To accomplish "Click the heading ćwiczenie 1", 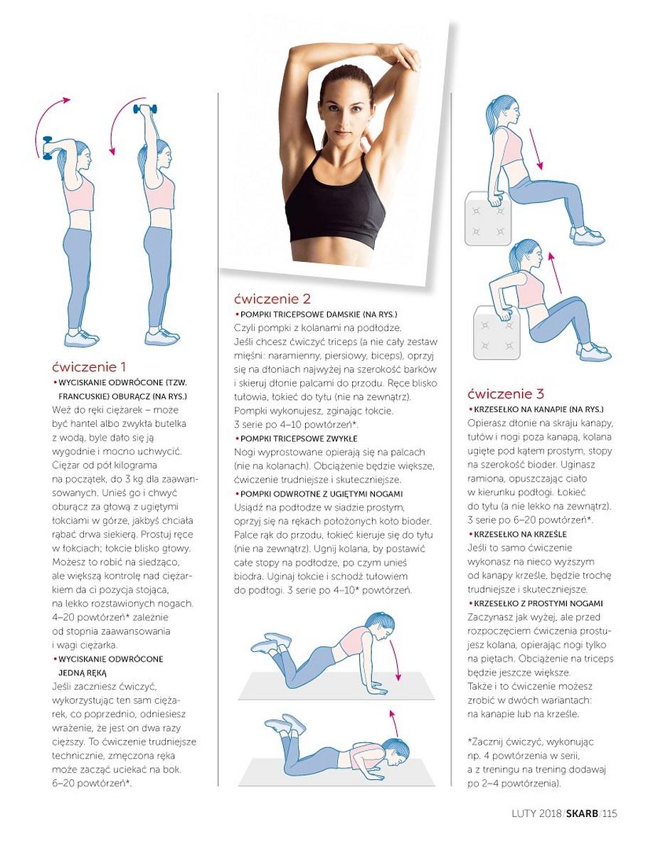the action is click(89, 367).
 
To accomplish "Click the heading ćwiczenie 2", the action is click(272, 299).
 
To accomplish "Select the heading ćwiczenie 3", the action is click(506, 394).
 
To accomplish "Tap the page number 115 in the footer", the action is click(610, 813).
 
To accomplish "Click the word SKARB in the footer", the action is click(582, 813).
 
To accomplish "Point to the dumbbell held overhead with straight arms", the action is click(145, 108).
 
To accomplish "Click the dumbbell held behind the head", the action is click(48, 148).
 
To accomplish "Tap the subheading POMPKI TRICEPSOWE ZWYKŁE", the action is click(299, 438).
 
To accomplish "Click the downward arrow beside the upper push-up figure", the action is click(394, 660).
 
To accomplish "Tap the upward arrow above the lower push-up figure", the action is click(394, 723).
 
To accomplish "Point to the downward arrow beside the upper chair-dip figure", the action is click(536, 149).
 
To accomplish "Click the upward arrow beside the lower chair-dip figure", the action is click(555, 273).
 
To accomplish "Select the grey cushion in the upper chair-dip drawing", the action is click(487, 218).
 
